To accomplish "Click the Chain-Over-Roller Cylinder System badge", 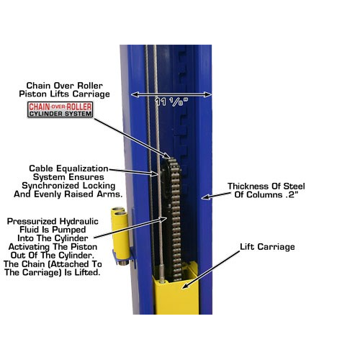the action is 60,109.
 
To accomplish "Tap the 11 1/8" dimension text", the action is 171,102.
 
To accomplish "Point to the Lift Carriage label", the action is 267,247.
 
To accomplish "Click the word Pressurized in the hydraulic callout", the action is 32,221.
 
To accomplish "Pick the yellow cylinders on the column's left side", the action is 120,235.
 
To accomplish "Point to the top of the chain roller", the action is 171,158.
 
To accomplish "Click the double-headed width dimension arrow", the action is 171,94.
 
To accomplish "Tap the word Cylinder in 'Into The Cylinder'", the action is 71,238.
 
